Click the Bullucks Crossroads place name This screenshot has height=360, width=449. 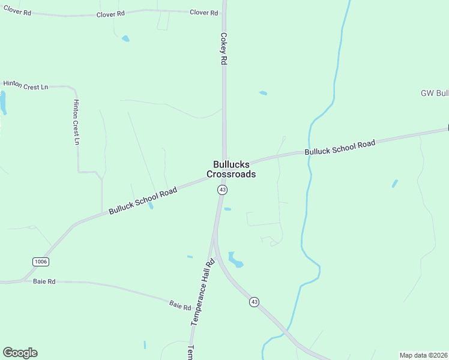[x=231, y=169]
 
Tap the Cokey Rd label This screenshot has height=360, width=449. [x=223, y=49]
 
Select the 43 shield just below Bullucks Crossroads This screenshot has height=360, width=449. [x=222, y=190]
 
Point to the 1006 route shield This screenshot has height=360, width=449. [x=40, y=262]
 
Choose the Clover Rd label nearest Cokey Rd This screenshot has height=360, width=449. [x=203, y=13]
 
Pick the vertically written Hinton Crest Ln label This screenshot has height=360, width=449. [x=76, y=122]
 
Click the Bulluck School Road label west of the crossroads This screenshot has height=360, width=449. [x=143, y=201]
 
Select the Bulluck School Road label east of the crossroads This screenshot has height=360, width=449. [x=340, y=148]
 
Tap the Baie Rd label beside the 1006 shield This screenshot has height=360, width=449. [x=44, y=281]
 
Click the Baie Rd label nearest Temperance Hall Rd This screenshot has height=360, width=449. [x=179, y=305]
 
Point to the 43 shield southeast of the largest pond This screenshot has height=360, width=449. [x=255, y=302]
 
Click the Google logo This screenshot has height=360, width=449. [x=20, y=353]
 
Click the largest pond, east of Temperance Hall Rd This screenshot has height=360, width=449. [x=235, y=260]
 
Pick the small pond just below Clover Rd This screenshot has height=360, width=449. [x=125, y=38]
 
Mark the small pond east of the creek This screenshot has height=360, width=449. [x=394, y=183]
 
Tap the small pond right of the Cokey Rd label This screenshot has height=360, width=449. [x=263, y=93]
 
